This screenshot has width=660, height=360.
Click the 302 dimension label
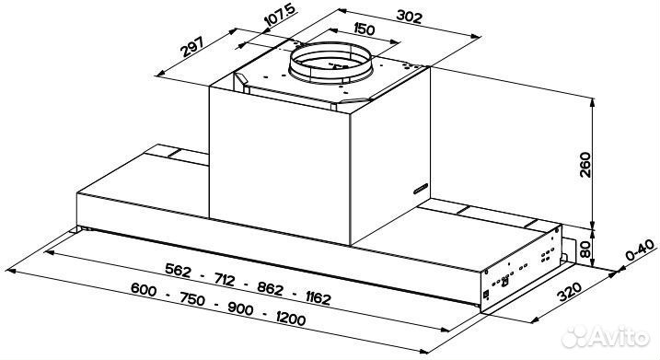[409, 17]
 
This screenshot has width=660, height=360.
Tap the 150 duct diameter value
[364, 29]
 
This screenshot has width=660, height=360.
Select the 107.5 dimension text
[279, 16]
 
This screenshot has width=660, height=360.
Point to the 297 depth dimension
[192, 47]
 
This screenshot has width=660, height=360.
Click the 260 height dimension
[585, 165]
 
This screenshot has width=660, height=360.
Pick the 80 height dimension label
[585, 249]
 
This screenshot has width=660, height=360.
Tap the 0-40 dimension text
[641, 250]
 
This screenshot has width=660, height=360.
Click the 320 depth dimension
[569, 292]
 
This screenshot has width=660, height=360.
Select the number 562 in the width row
[178, 270]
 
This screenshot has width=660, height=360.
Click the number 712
[225, 279]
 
